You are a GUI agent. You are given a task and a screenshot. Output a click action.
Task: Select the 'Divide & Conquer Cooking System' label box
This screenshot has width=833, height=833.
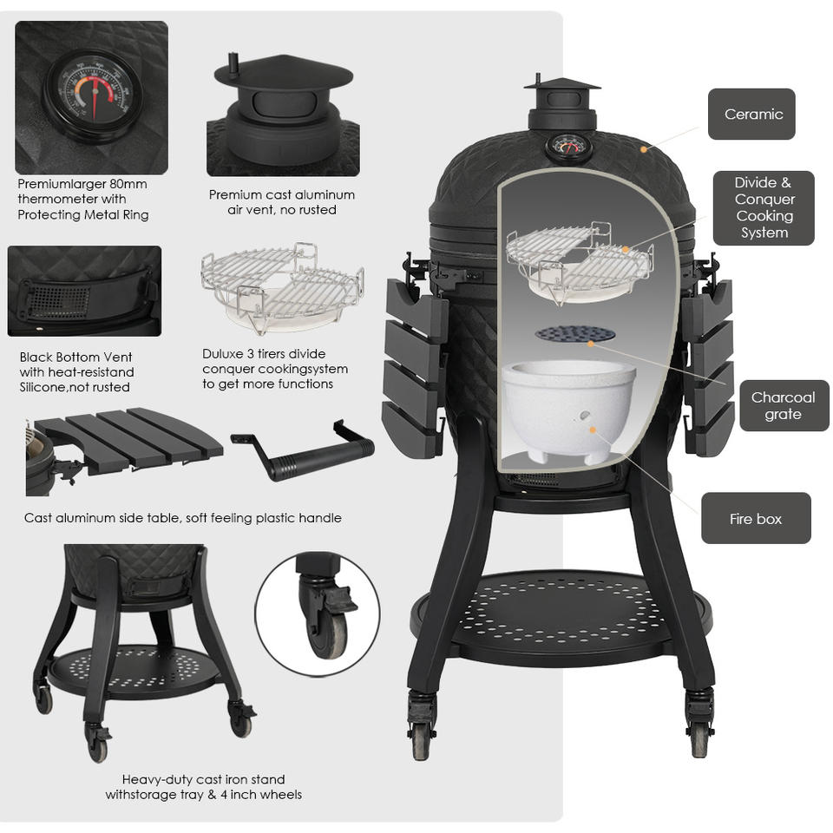[x=764, y=207]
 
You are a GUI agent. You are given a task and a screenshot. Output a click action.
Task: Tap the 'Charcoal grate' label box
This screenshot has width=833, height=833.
[x=783, y=405]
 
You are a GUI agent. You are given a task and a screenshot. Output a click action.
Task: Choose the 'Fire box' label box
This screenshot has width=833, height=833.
[x=756, y=519]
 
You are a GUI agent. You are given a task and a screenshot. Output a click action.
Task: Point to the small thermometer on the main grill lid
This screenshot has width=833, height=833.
[x=568, y=146]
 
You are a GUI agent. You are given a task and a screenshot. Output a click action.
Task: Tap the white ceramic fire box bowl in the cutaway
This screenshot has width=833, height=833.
[x=569, y=406]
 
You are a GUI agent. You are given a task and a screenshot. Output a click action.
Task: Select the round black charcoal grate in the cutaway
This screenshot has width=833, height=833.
[x=574, y=334]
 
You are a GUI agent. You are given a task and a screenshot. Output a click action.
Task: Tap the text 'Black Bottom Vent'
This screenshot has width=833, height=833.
[x=75, y=357]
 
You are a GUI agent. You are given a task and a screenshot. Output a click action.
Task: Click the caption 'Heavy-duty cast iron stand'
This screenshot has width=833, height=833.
[x=203, y=779]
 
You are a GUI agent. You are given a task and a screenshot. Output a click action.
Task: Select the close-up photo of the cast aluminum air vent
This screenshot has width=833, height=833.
[x=282, y=113]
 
